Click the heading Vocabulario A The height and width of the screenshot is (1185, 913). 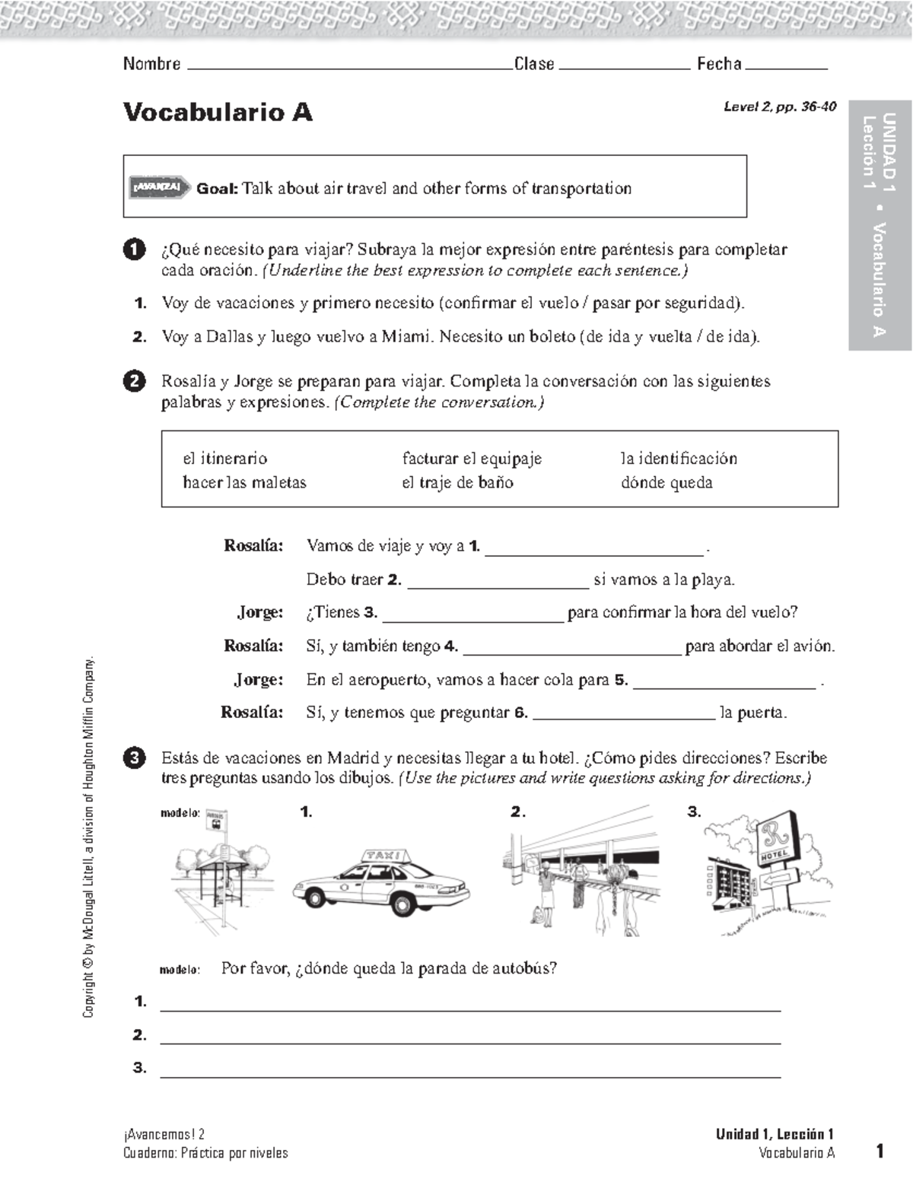[218, 113]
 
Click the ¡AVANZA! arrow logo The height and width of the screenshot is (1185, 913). [159, 187]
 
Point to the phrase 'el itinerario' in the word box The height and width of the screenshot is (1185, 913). [224, 459]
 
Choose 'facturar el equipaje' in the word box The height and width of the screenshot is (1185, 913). [472, 459]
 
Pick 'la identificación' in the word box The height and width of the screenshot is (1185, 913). [679, 459]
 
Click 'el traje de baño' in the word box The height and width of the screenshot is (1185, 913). [457, 483]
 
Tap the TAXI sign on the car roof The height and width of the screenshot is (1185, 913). [383, 856]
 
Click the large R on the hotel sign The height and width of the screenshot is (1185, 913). [775, 837]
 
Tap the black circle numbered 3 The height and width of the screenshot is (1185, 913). [134, 758]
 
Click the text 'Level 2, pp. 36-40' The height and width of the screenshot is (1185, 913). [779, 107]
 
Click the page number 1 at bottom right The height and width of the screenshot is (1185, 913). [880, 1151]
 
